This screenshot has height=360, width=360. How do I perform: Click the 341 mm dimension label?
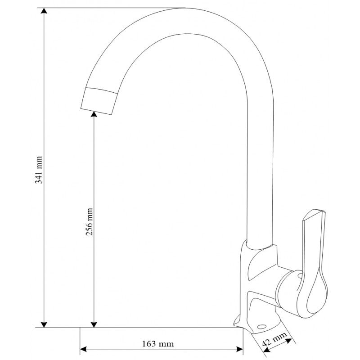click(39, 170)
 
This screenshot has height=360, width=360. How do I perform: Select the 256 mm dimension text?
click(89, 222)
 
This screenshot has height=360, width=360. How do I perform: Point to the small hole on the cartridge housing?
click(297, 273)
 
